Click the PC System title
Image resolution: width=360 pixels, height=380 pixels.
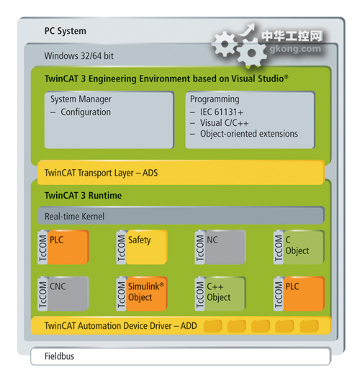(x=65, y=31)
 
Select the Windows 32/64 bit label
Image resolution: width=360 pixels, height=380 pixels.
(x=78, y=56)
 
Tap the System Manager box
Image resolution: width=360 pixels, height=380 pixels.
(x=109, y=120)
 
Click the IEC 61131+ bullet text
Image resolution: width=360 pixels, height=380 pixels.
(x=221, y=112)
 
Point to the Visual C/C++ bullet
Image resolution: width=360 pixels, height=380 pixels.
(x=224, y=123)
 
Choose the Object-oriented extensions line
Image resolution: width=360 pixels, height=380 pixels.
(x=249, y=134)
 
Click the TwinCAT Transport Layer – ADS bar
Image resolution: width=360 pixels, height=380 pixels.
(x=181, y=173)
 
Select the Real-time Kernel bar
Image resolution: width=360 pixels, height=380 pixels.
(x=181, y=215)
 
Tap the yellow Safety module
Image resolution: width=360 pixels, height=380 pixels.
(x=147, y=247)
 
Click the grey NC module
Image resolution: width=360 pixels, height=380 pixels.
(x=225, y=247)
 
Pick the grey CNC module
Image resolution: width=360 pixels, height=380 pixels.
(x=68, y=294)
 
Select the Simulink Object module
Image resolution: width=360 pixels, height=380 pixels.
(x=147, y=294)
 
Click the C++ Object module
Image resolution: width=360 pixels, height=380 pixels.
(x=225, y=294)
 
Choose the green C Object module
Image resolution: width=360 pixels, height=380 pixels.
(x=304, y=247)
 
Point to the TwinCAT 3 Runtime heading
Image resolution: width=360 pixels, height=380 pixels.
(x=83, y=195)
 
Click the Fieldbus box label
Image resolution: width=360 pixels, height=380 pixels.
(x=59, y=356)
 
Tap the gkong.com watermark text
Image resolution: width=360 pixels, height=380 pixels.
(x=295, y=49)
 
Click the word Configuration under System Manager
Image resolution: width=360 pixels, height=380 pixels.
(x=86, y=112)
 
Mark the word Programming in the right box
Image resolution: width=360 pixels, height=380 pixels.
(x=215, y=99)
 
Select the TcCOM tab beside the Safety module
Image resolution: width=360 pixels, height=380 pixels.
(x=121, y=247)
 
